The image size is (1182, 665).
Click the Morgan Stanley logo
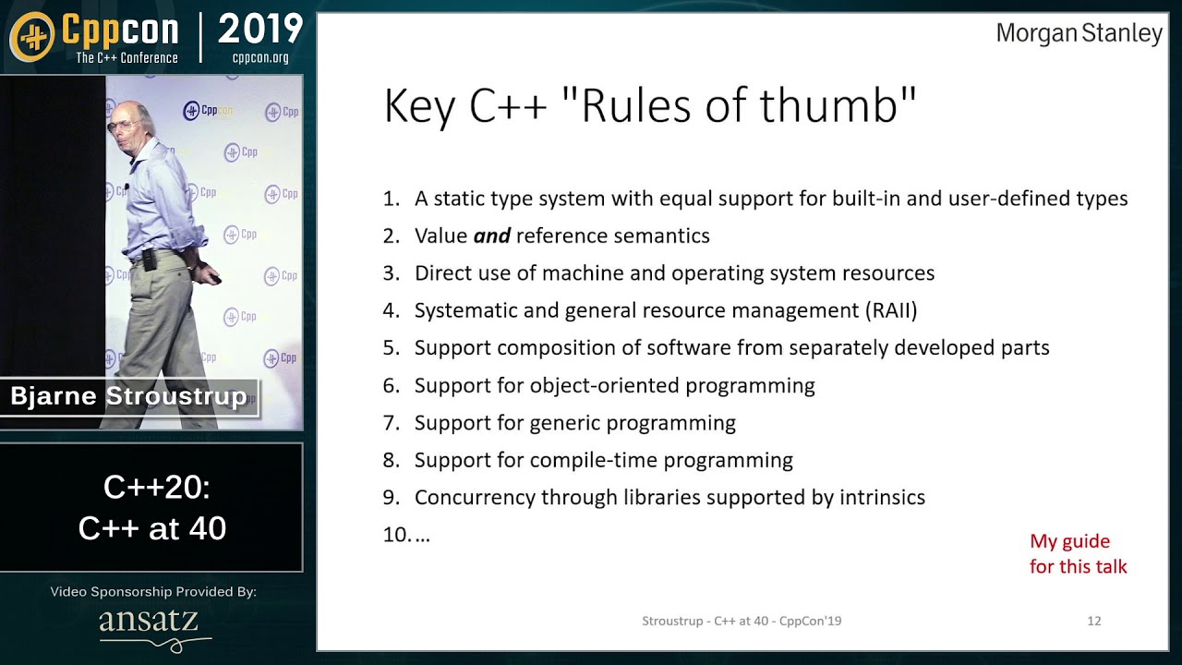point(1079,34)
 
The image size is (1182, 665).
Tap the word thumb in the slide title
point(829,105)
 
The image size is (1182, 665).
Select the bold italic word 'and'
point(492,236)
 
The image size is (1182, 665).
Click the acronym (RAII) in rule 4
point(891,310)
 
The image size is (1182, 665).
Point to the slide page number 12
point(1094,621)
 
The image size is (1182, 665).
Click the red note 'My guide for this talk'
point(1078,553)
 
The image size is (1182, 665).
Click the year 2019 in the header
point(260,29)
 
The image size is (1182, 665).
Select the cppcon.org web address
point(260,57)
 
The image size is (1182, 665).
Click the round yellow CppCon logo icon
point(32,36)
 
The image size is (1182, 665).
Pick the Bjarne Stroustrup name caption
point(128,396)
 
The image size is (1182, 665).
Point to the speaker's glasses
point(123,127)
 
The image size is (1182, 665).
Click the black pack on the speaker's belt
point(150,260)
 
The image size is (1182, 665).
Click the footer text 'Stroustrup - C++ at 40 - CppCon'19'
point(742,621)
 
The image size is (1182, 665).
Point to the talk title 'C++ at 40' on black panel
point(152,527)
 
